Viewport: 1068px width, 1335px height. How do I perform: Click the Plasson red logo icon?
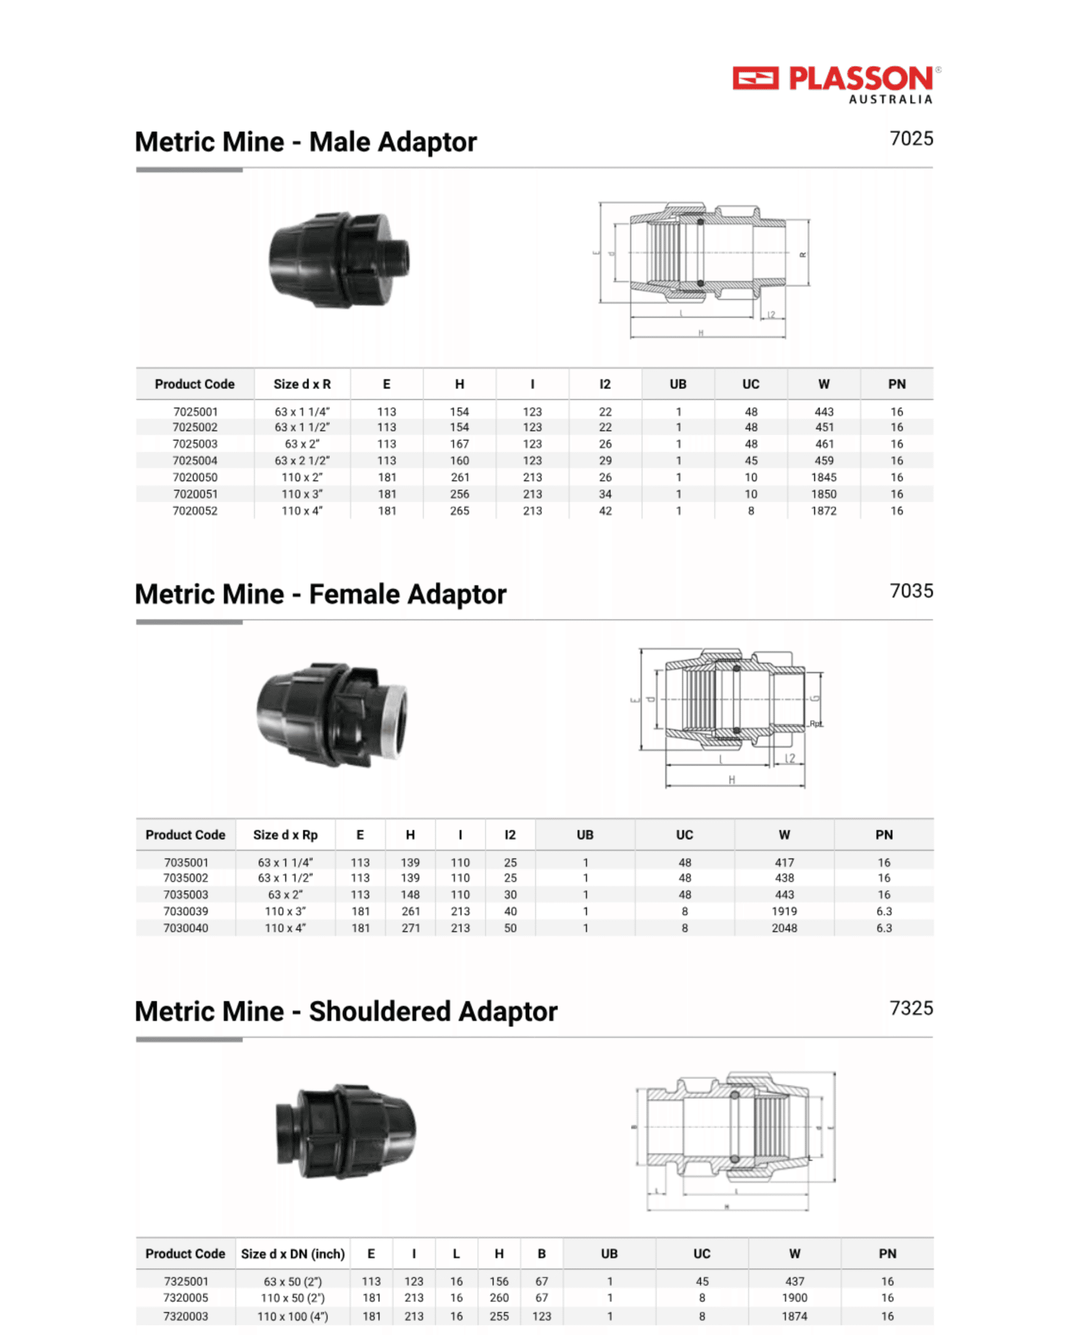click(755, 79)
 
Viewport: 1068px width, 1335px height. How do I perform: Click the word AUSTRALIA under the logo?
click(890, 100)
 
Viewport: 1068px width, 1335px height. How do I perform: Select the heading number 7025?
click(911, 139)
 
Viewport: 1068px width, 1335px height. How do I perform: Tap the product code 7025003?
click(195, 444)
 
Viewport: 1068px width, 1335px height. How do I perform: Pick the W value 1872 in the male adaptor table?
click(823, 511)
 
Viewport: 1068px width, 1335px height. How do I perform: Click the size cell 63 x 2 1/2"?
click(302, 460)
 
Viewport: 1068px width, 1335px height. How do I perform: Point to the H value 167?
click(459, 444)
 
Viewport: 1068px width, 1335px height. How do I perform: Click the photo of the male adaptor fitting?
click(339, 260)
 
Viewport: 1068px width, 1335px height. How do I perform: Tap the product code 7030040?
click(186, 928)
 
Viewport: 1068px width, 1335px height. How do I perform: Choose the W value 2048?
click(784, 928)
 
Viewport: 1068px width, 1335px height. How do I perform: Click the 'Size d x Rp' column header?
click(285, 835)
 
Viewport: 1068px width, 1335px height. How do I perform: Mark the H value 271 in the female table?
click(410, 928)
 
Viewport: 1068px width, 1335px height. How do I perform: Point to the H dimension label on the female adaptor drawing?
click(732, 780)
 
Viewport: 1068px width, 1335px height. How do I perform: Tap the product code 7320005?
click(186, 1298)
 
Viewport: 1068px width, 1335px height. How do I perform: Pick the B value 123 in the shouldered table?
click(542, 1316)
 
